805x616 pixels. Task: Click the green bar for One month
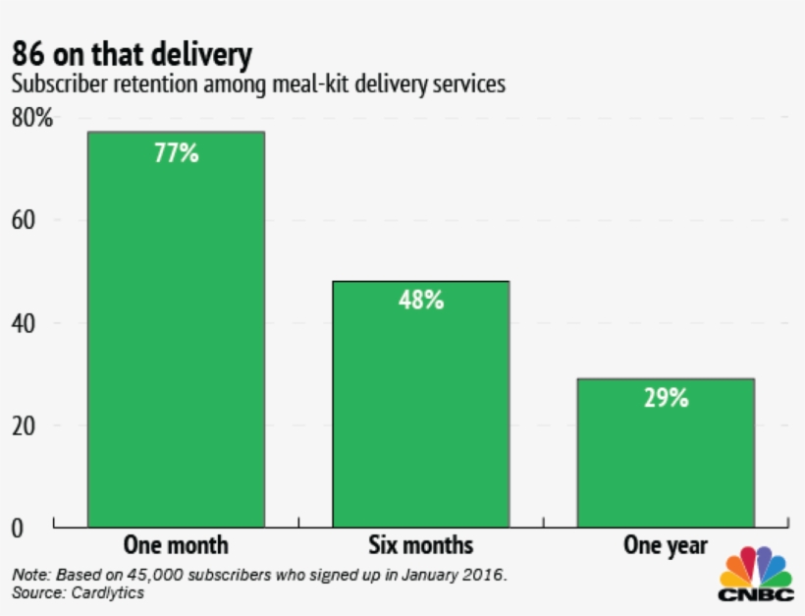pos(176,329)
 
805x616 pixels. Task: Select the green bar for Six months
pos(421,404)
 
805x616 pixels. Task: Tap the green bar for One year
pos(666,452)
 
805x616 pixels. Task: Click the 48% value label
pos(421,301)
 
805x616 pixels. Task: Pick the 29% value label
pos(666,398)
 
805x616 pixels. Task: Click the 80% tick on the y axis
pos(31,118)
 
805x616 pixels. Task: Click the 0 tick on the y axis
pos(18,528)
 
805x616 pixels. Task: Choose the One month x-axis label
pos(176,545)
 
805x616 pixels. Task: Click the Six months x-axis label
pos(421,545)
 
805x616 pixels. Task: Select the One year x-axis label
pos(666,545)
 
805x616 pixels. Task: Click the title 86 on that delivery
pos(138,53)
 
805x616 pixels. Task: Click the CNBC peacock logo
pos(755,575)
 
